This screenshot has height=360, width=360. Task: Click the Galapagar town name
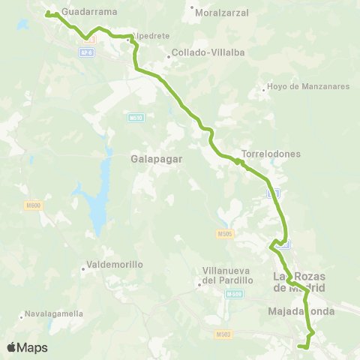154,159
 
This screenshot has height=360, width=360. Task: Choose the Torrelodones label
271,154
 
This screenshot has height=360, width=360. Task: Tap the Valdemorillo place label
115,264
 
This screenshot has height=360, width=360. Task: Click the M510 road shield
136,118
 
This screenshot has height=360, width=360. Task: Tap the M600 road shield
32,206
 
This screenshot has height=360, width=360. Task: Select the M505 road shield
226,233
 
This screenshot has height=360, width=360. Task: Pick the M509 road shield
234,295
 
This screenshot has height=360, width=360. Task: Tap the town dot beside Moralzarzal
193,9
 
